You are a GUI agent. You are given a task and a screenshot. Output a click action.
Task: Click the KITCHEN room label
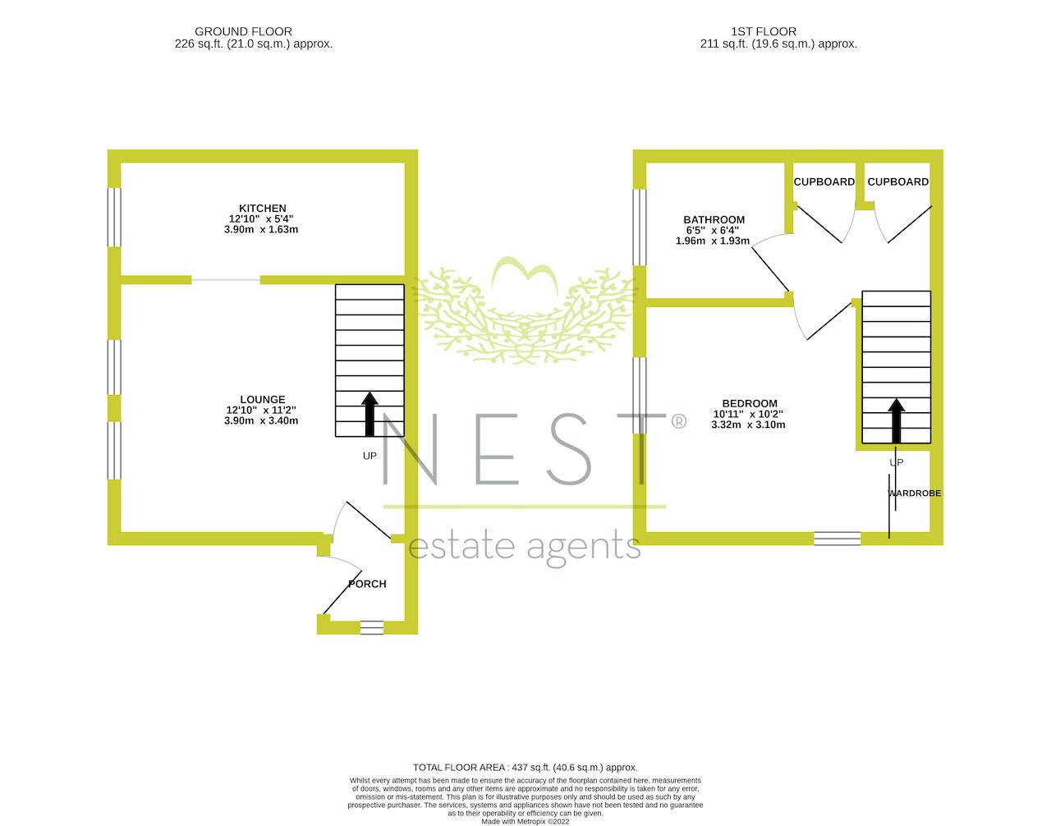(x=263, y=209)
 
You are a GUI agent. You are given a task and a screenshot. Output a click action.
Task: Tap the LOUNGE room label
(x=263, y=400)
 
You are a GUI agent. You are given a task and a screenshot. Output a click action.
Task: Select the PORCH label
(x=368, y=585)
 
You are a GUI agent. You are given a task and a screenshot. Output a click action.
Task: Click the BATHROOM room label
(x=714, y=219)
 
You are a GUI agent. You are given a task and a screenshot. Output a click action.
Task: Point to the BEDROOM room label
(x=750, y=403)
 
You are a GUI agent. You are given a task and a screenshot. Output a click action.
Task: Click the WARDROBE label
(x=915, y=493)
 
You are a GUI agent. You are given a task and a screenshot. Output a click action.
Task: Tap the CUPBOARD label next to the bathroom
(x=824, y=181)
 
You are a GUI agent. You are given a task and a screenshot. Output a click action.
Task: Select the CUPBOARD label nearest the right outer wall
(x=898, y=181)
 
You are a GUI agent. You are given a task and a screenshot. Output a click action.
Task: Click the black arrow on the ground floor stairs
(x=370, y=414)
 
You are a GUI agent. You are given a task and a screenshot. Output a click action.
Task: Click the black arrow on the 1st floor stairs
(x=897, y=420)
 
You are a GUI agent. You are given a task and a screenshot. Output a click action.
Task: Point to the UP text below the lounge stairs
(x=369, y=456)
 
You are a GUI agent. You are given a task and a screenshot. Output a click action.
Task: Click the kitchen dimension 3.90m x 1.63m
(x=261, y=230)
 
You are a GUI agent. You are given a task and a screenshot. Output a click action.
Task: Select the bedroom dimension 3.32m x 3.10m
(x=748, y=425)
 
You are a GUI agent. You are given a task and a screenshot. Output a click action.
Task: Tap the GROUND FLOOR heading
(x=243, y=31)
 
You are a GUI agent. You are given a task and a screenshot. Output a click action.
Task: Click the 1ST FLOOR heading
(x=764, y=31)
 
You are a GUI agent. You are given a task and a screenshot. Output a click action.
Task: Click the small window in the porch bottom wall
(x=372, y=627)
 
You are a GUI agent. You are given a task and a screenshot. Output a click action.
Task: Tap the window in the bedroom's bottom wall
(x=838, y=539)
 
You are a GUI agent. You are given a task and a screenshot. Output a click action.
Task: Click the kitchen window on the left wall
(x=114, y=217)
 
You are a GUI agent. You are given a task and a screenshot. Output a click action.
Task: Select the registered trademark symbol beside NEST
(x=678, y=422)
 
